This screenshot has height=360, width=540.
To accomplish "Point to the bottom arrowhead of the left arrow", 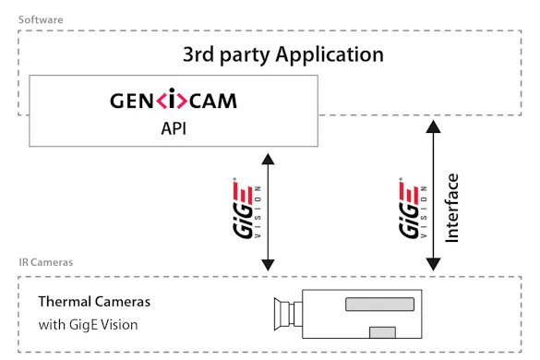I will (267, 265).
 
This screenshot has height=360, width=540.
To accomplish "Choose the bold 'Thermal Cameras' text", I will (93, 302).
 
